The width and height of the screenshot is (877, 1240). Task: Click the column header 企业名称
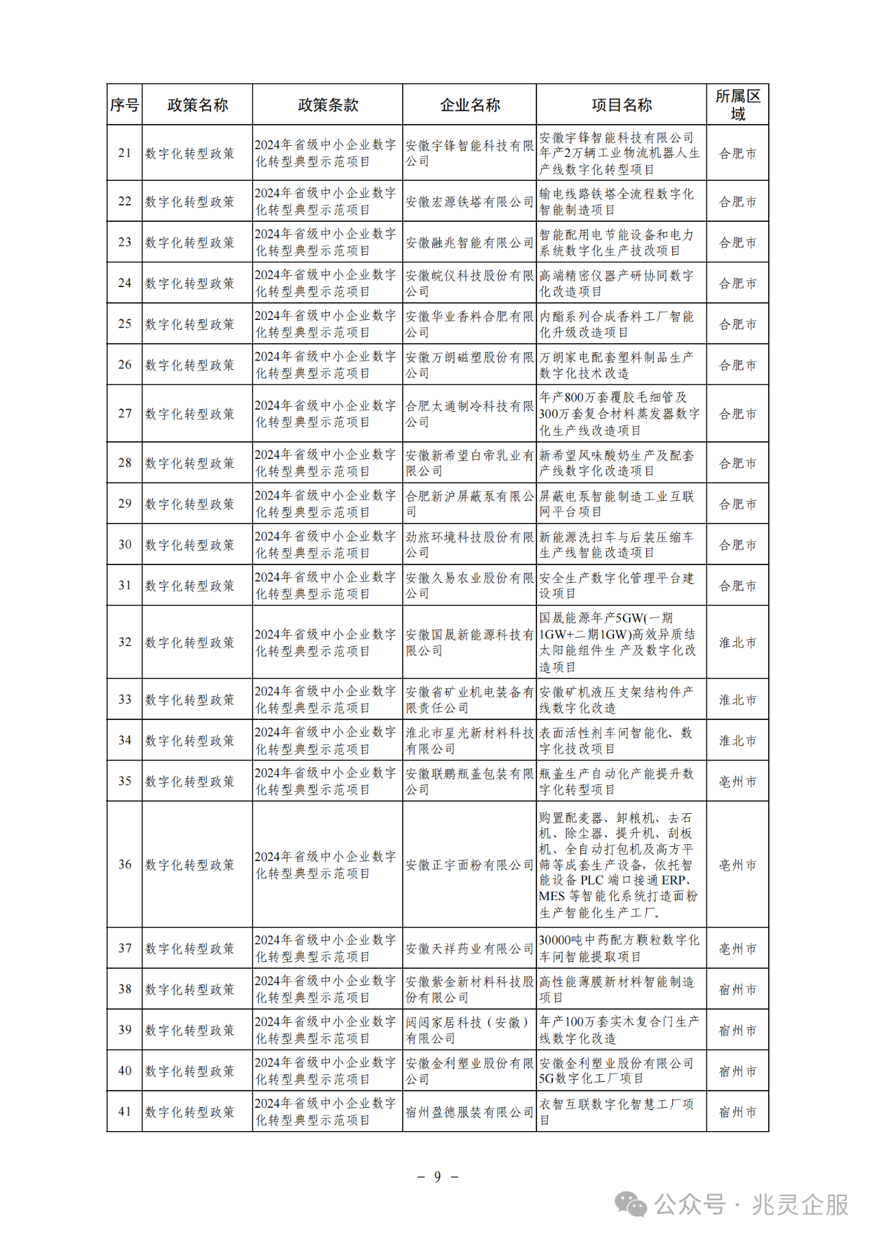coord(469,105)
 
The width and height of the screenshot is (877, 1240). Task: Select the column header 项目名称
coord(621,105)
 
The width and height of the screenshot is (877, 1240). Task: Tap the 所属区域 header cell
coord(737,105)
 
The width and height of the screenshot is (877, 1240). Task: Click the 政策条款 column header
coord(328,105)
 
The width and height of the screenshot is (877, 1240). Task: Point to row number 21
coord(125,153)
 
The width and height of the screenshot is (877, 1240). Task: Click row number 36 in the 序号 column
coord(125,865)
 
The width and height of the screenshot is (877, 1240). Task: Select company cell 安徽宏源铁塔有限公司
coord(469,201)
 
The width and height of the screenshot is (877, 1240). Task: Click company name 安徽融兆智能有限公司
coord(469,243)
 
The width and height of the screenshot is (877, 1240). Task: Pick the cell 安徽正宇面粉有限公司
coord(469,865)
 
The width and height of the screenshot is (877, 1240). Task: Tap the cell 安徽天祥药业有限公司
coord(469,949)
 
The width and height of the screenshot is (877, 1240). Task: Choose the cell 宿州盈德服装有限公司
coord(469,1112)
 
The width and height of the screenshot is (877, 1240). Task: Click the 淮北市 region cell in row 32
coord(737,643)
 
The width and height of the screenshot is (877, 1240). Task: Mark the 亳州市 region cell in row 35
coord(737,782)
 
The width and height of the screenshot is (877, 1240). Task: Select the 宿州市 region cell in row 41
coord(737,1112)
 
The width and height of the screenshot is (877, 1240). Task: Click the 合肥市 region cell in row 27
coord(737,414)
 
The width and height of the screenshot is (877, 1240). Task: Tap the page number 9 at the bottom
coord(438,1177)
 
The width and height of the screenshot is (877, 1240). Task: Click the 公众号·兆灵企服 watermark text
coord(751,1204)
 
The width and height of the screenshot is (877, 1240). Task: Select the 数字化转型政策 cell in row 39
coord(190,1030)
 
